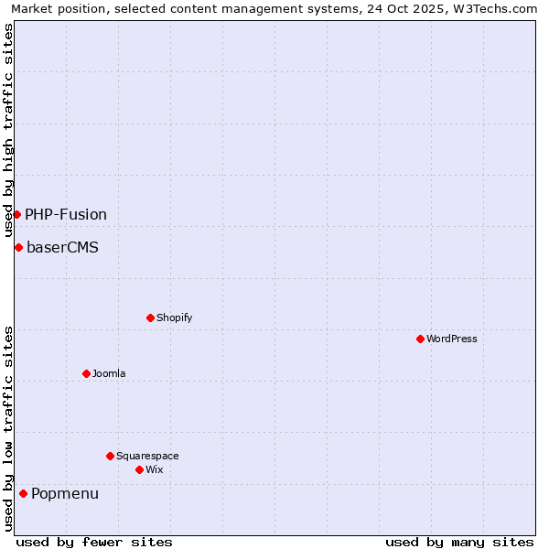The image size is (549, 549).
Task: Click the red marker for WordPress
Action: [x=420, y=339]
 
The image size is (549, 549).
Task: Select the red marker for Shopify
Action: [x=150, y=318]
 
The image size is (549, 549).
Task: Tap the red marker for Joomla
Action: [x=86, y=373]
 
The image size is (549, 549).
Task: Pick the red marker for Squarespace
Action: [x=110, y=456]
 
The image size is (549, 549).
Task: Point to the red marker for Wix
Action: [x=139, y=469]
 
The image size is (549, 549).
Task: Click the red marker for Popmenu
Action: [x=23, y=493]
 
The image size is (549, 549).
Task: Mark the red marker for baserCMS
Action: [x=18, y=247]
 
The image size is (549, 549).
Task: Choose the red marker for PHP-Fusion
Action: [x=16, y=214]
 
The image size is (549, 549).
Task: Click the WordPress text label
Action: [x=452, y=339]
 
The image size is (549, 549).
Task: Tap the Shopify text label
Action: [x=174, y=318]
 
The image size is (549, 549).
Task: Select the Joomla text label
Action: [x=109, y=373]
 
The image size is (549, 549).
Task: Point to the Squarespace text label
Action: [x=147, y=456]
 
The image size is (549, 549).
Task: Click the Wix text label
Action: [x=154, y=469]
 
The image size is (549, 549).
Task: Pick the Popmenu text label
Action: [x=65, y=493]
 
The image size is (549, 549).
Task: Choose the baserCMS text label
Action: [x=62, y=247]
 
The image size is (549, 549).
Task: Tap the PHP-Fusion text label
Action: [x=66, y=214]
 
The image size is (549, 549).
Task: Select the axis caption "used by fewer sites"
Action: [x=94, y=542]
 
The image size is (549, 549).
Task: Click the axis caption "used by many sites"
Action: [x=459, y=542]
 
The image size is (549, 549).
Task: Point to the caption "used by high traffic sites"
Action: [x=8, y=130]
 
